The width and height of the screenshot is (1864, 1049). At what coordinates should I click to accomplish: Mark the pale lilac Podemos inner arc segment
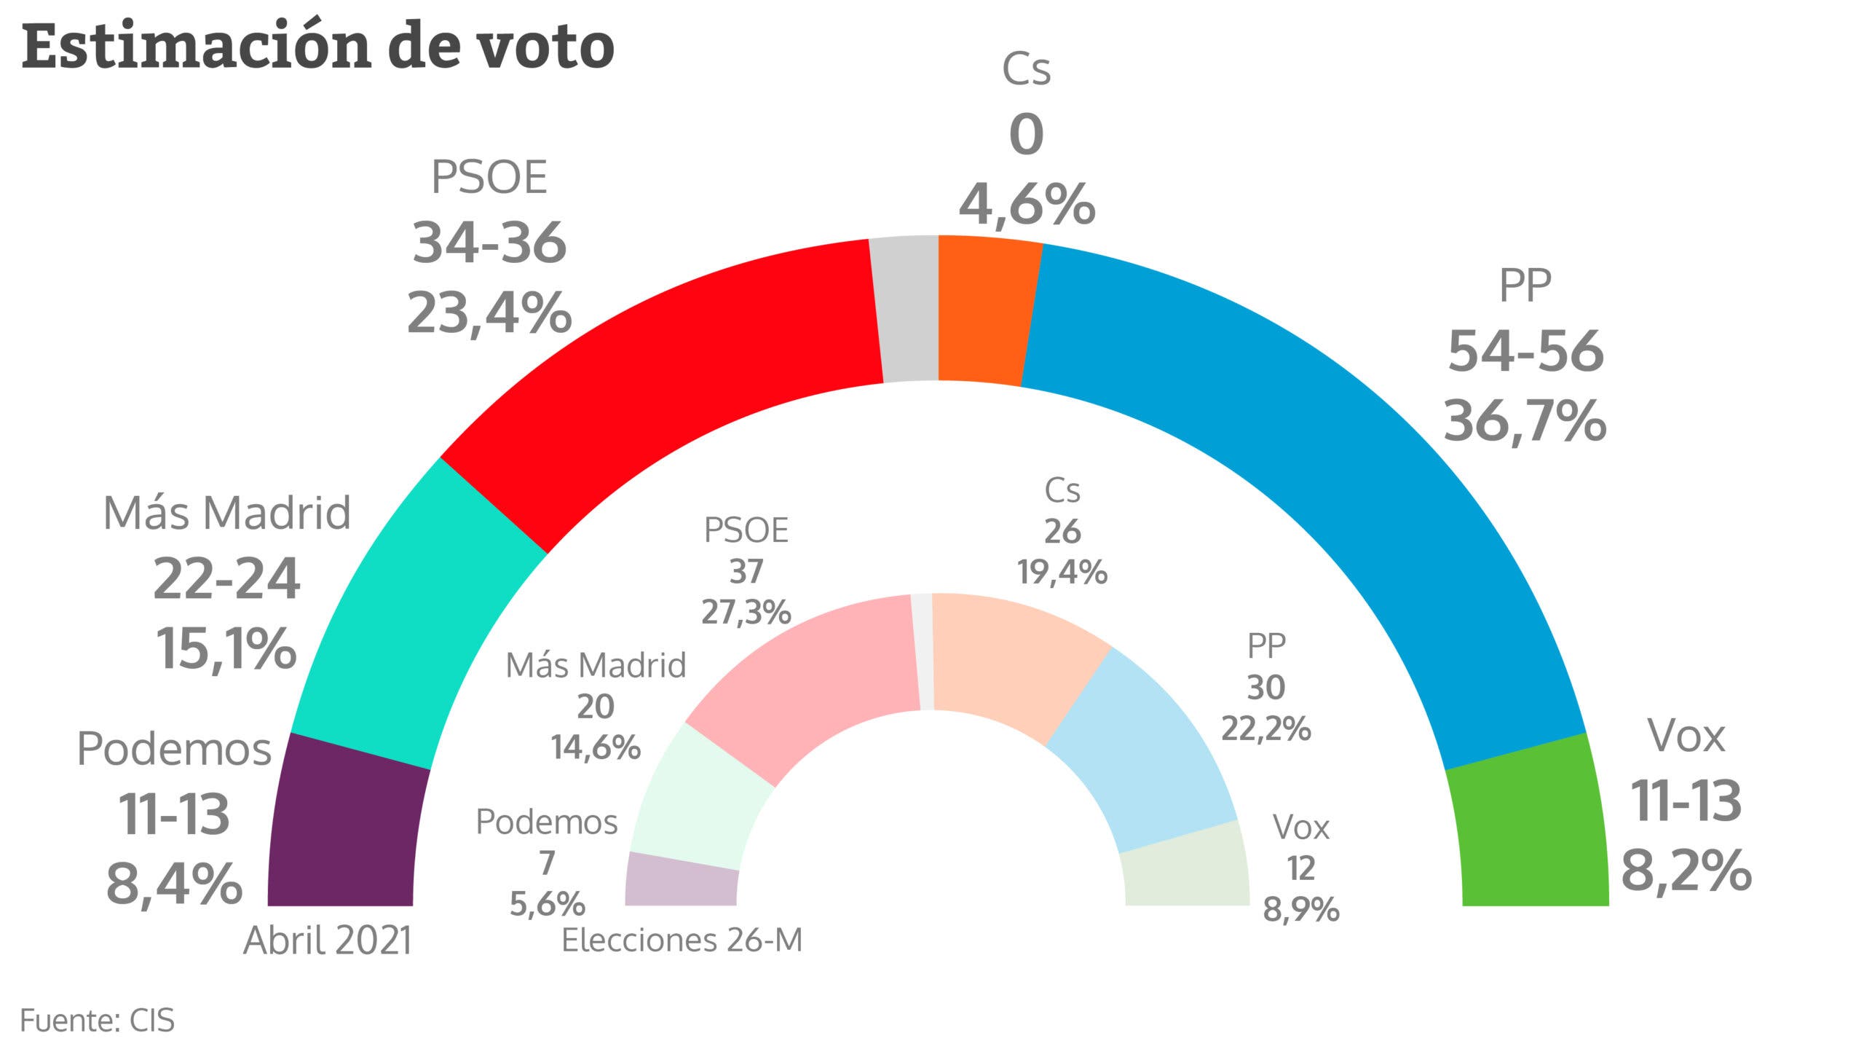(x=681, y=881)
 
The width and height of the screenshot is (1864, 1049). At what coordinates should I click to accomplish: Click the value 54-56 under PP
(x=1525, y=351)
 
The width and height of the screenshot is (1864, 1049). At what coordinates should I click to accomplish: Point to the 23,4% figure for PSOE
(x=489, y=313)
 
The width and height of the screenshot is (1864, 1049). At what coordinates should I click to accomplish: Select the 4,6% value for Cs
(x=1027, y=204)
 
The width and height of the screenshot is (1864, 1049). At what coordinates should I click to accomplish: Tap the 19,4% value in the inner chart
(x=1062, y=573)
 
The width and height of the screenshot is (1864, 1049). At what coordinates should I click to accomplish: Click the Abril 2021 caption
(x=328, y=940)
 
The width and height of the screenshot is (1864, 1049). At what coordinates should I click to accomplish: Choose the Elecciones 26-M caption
(x=682, y=940)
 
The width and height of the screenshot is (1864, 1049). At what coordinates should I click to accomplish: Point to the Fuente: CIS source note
(x=97, y=1021)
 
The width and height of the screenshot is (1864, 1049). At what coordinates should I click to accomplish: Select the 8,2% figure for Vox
(x=1686, y=870)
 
